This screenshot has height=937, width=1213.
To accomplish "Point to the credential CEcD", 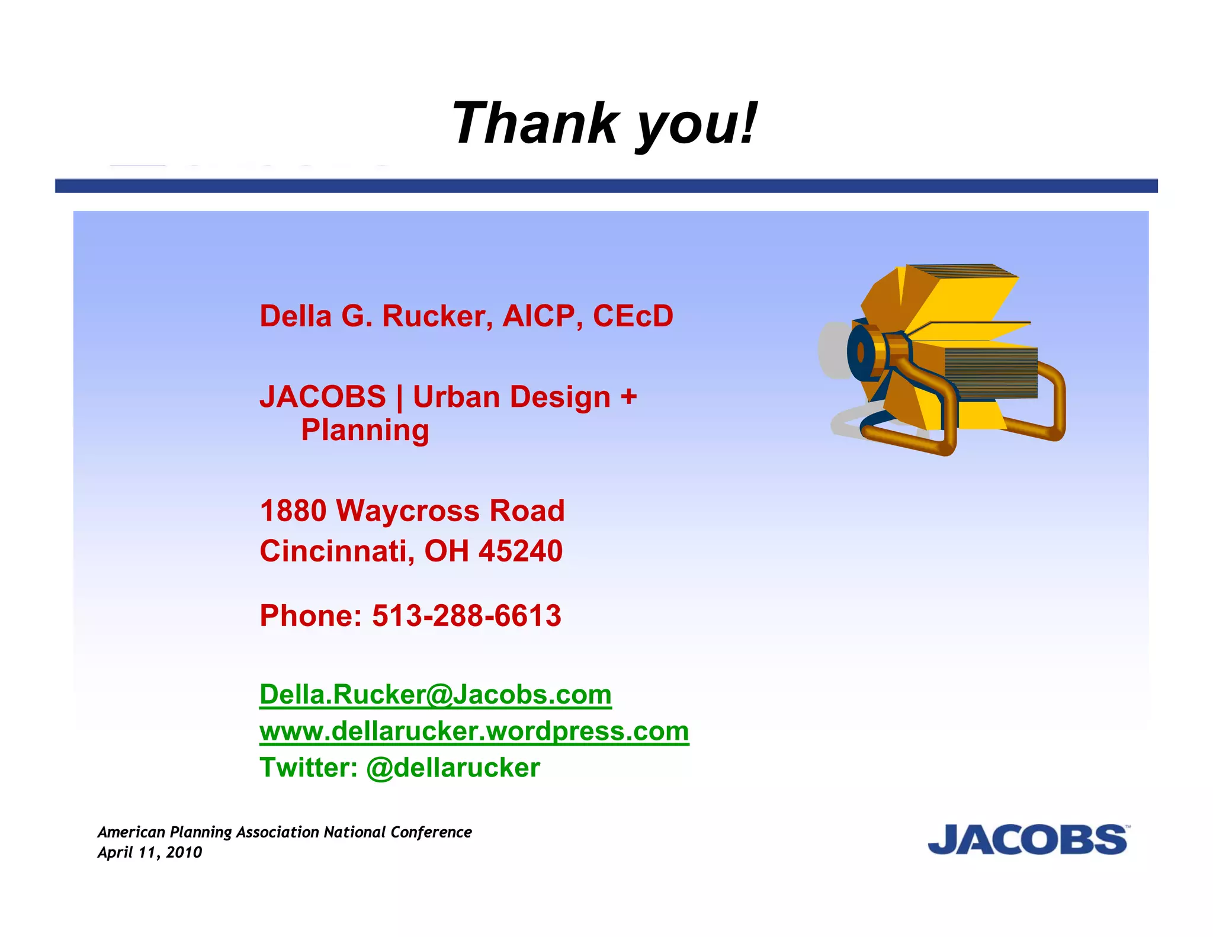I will point(633,316).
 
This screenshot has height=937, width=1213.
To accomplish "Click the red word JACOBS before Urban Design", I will point(323,397).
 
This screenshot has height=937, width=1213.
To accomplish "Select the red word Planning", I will point(365,431).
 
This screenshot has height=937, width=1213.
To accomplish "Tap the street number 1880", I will point(293,511).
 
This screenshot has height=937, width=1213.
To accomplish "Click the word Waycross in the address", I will point(408,511).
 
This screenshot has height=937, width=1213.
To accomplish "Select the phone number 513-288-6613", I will point(466,615).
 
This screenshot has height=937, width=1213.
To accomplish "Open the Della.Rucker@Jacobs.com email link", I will point(435,694).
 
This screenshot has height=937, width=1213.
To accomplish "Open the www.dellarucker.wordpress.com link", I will point(474,731).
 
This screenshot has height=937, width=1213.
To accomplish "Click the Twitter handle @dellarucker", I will point(453,768).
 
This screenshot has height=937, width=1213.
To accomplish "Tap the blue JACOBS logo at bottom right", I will point(1028,839).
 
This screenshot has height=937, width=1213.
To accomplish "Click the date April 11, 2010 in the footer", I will point(150,852).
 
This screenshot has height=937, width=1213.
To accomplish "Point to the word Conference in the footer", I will point(431,832).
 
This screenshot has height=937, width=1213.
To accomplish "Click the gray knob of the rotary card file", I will point(833,350).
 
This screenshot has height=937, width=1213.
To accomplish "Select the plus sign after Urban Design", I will point(628,396).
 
